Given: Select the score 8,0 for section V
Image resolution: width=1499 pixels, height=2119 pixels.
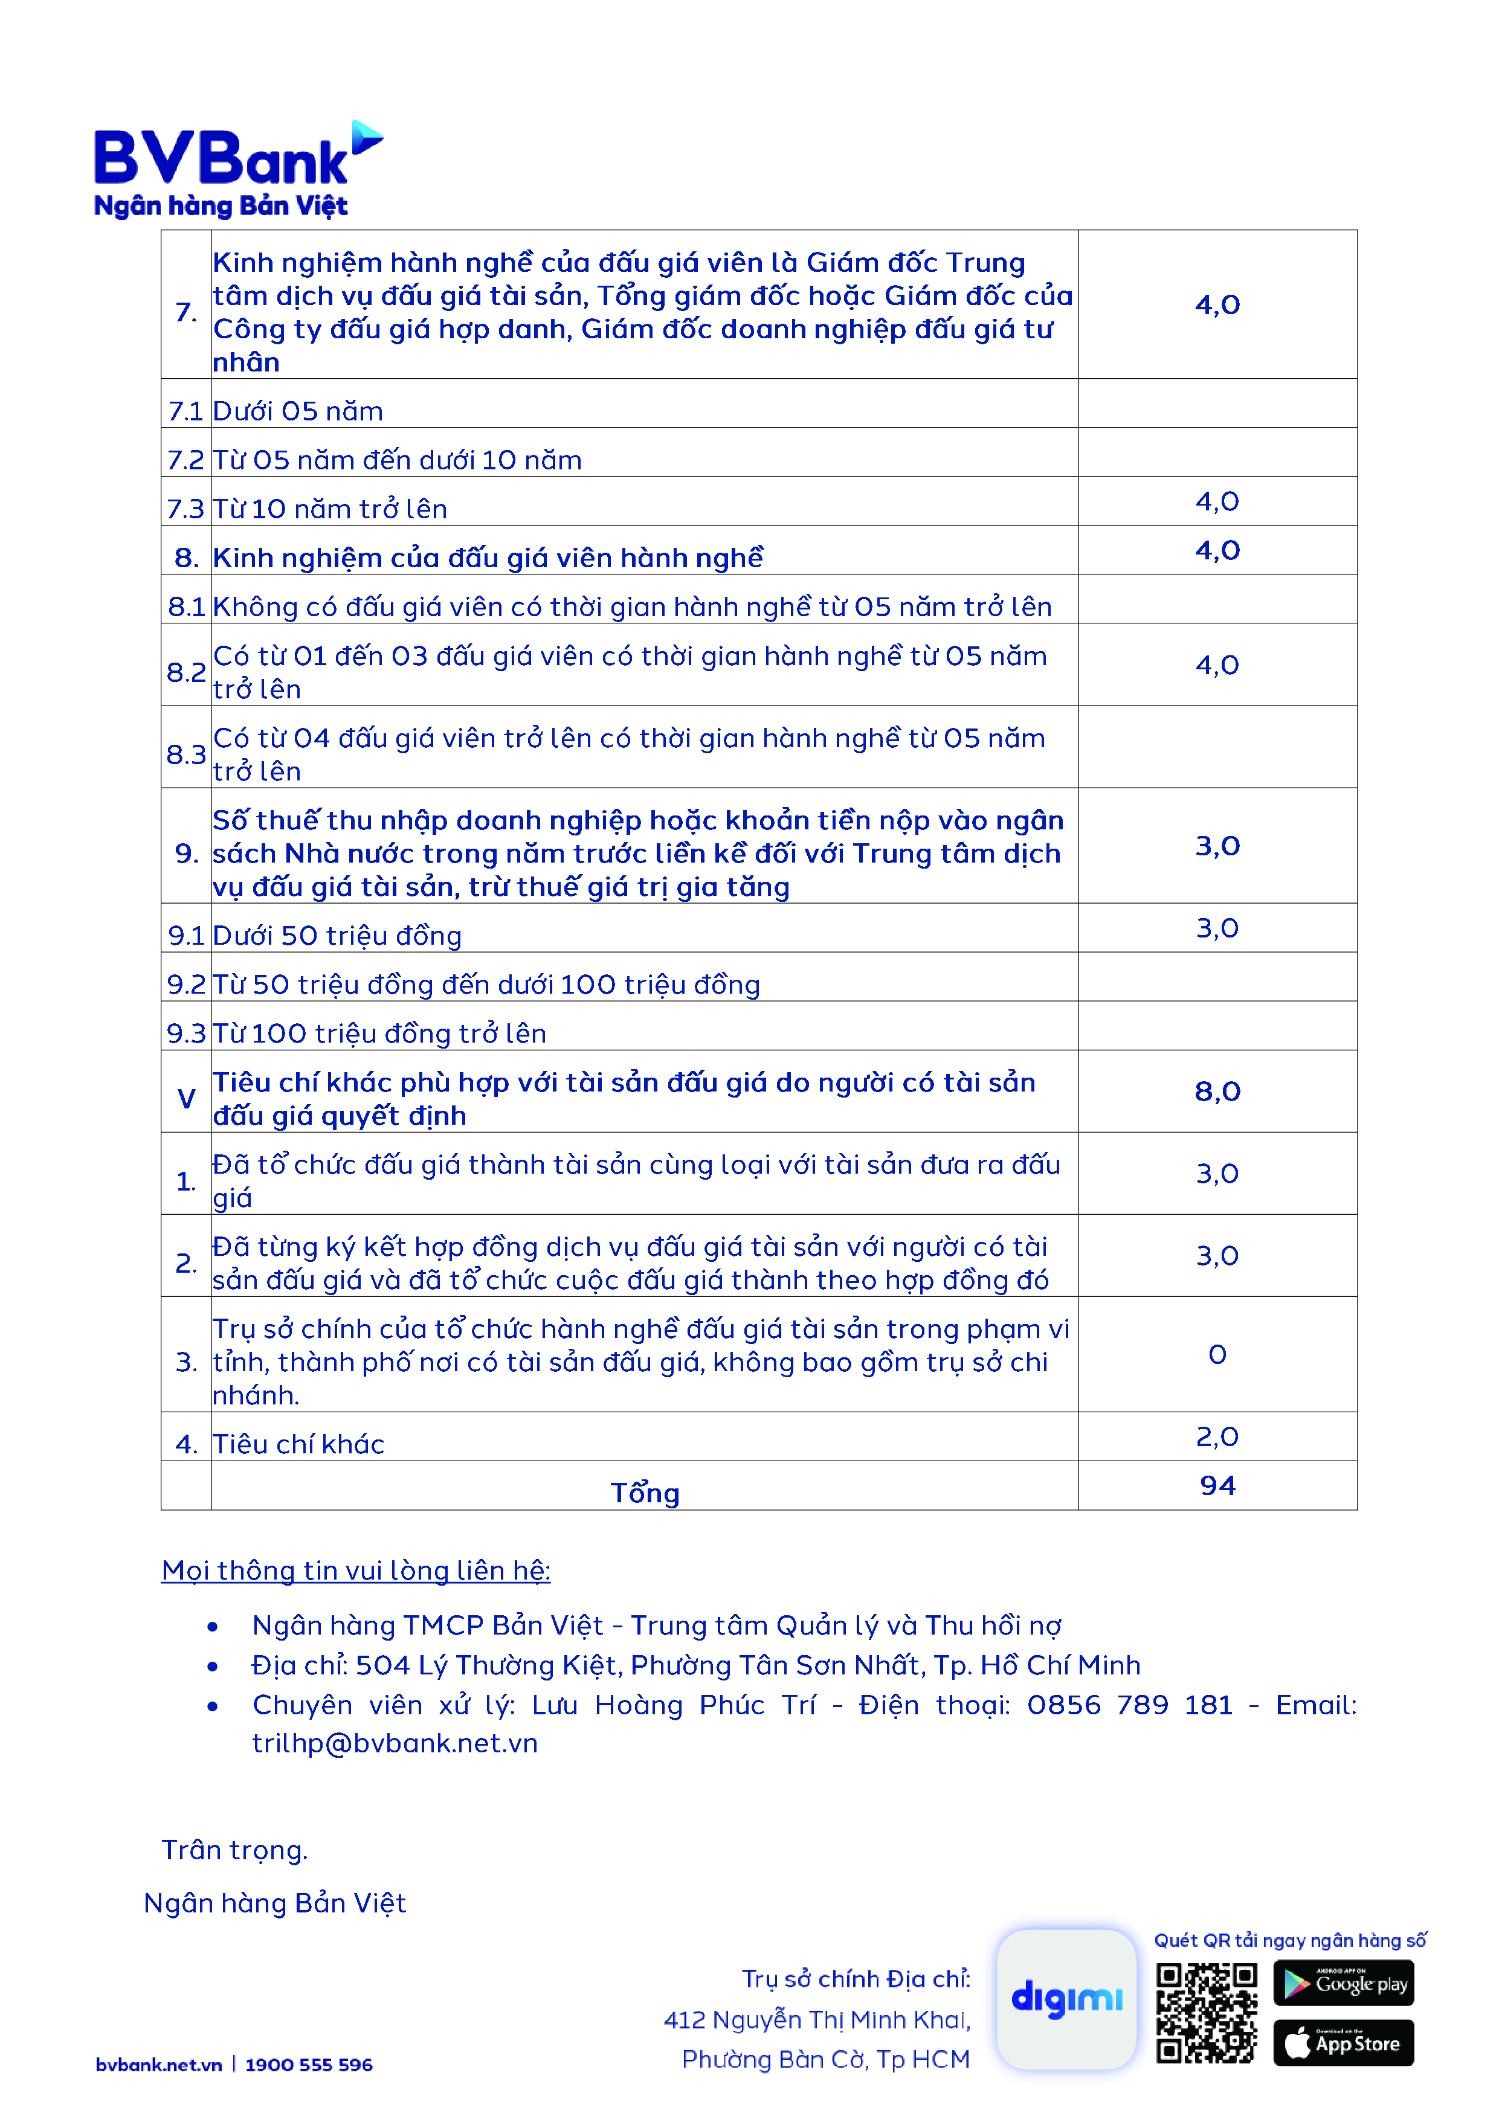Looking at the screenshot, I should [1217, 1092].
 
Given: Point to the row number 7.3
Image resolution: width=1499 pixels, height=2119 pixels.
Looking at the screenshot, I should [185, 509].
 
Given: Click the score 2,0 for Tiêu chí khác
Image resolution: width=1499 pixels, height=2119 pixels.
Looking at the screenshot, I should [1217, 1436].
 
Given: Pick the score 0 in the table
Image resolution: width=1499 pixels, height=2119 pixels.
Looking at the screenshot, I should [1217, 1354].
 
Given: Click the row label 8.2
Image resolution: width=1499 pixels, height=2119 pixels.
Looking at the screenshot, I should [185, 672].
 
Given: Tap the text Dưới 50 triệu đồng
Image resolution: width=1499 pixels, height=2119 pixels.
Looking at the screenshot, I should [337, 936].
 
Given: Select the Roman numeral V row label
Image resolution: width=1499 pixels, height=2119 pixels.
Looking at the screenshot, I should [185, 1098].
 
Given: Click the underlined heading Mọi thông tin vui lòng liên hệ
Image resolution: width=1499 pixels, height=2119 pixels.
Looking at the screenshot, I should [355, 1570].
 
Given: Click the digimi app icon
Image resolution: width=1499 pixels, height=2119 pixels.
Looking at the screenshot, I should [1066, 1998].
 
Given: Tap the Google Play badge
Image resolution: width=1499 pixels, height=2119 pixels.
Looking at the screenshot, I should [1343, 1982].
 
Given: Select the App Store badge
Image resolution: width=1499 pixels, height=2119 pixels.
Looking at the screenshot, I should [1343, 2043].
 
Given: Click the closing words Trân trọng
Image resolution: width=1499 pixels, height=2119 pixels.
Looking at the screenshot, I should [234, 1850].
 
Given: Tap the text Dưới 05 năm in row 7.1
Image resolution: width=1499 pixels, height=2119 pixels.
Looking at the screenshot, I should [297, 411].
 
